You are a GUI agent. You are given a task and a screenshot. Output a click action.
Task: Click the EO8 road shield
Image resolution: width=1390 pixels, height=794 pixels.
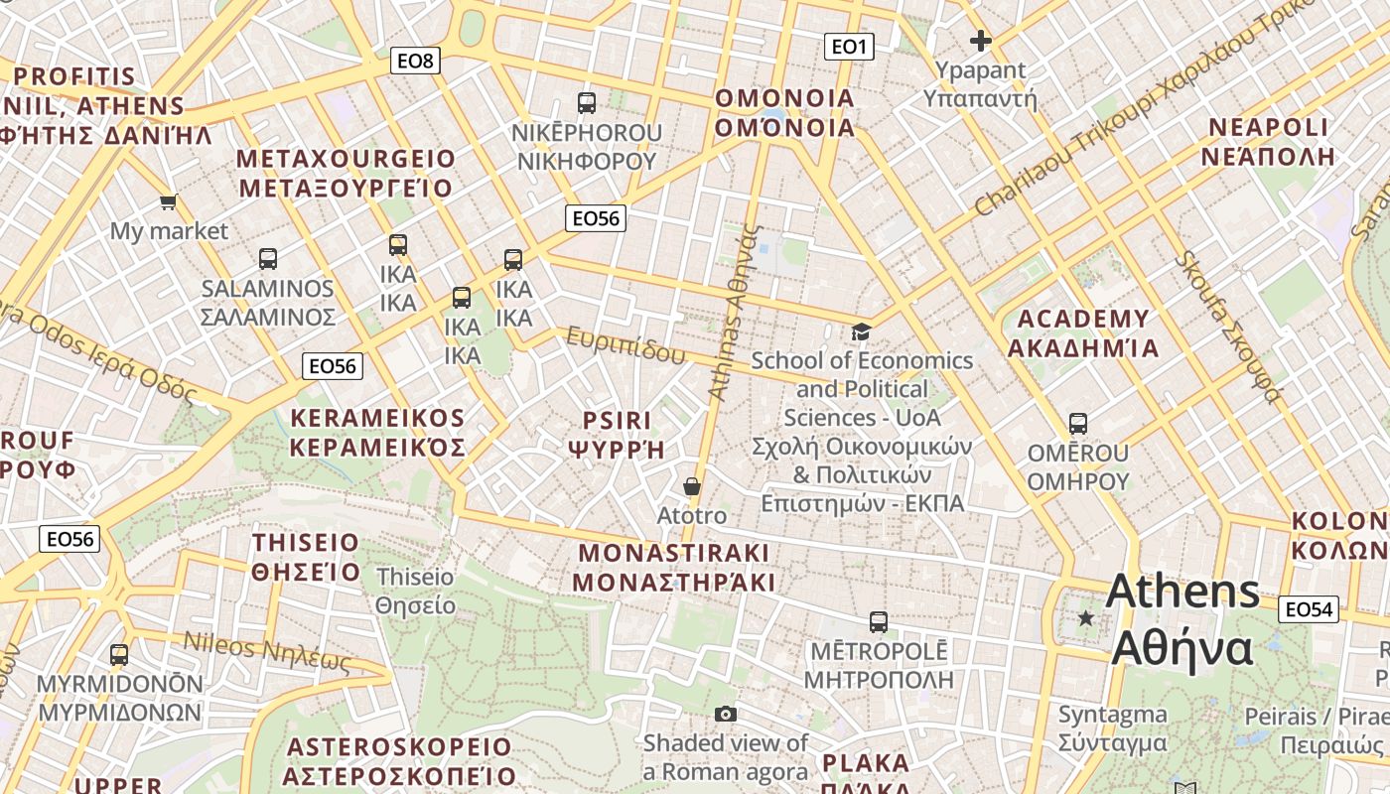(415, 62)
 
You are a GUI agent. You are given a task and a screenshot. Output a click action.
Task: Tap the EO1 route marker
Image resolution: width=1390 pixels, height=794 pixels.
(849, 46)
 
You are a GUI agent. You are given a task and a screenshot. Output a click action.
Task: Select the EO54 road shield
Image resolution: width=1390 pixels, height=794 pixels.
(1308, 609)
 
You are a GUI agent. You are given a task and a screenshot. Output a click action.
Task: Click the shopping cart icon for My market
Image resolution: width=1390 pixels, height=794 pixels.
(168, 202)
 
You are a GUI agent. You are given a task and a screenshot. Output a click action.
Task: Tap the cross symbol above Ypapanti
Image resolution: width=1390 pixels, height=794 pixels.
(981, 41)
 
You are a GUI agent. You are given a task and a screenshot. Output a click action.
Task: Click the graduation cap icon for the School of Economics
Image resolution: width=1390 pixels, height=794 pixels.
(861, 332)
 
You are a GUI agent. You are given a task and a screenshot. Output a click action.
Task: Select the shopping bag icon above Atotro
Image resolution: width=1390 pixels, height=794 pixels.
(692, 486)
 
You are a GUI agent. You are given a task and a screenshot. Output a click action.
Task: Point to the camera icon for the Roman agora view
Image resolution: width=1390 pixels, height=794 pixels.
(726, 714)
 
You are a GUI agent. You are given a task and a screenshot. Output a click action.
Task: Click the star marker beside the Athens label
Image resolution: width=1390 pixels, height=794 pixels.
(1086, 618)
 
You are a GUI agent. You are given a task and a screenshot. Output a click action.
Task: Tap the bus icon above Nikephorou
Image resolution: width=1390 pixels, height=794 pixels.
(587, 102)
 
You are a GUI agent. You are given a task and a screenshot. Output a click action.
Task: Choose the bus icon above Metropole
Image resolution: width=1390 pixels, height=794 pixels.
(878, 622)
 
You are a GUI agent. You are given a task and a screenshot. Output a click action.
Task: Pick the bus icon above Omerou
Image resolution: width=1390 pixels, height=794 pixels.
(1078, 424)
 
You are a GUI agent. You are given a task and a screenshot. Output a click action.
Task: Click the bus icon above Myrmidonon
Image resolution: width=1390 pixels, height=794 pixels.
(119, 655)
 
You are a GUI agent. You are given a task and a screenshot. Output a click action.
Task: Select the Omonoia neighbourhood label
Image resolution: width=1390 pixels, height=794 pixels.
(784, 112)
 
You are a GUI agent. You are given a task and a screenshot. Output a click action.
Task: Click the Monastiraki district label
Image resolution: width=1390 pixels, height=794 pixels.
(674, 567)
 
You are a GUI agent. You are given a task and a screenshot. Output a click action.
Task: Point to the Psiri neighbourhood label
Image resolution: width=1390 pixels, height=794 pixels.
(617, 435)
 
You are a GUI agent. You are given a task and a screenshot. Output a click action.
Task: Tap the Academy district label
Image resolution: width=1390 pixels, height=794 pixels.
(1083, 333)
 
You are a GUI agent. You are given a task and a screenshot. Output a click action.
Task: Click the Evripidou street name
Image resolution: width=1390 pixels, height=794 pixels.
(625, 345)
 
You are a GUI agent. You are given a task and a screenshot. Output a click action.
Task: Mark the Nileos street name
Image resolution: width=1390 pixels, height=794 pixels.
(267, 651)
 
